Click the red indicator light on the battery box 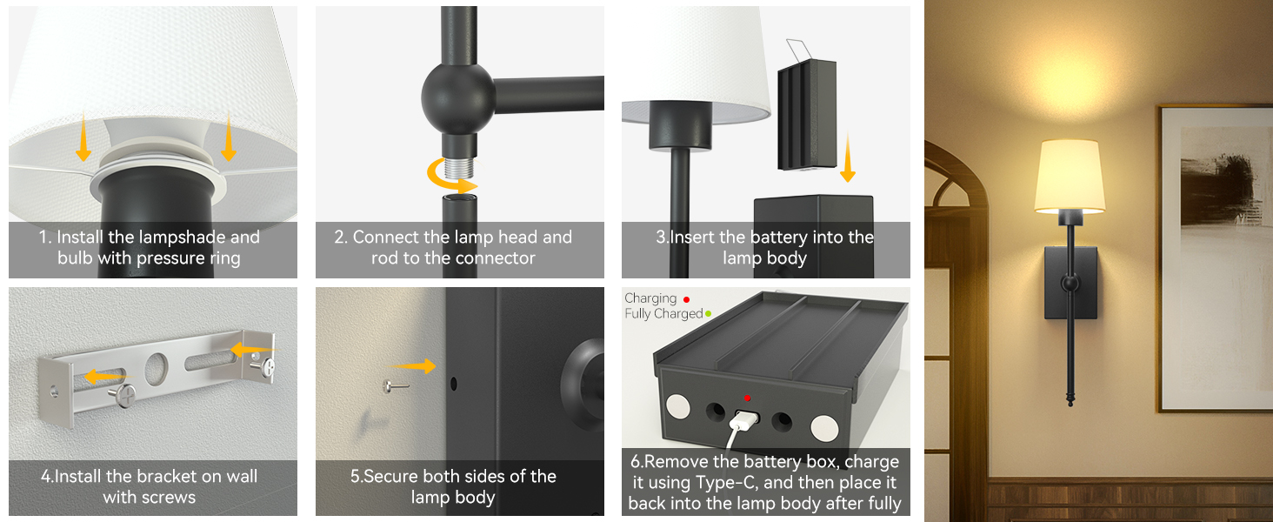click(746, 398)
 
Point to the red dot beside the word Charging click(687, 299)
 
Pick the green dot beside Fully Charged click(708, 314)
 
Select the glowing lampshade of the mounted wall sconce click(1069, 176)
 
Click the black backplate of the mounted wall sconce click(1070, 281)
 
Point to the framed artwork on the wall click(1214, 258)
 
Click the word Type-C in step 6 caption click(727, 483)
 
